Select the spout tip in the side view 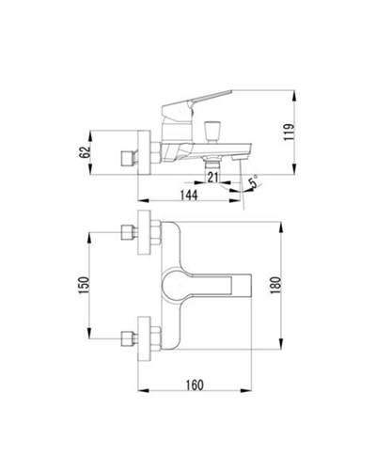point(245,151)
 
